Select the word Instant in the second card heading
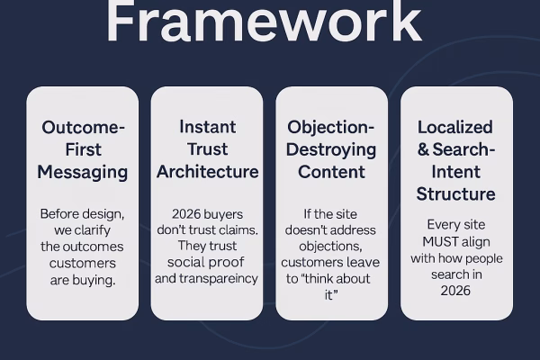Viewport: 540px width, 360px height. [x=207, y=127]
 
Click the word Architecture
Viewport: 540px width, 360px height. [x=207, y=171]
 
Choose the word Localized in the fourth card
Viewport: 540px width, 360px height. [x=456, y=127]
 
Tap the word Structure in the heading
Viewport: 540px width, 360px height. [x=456, y=193]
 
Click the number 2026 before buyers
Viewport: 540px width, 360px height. [x=187, y=214]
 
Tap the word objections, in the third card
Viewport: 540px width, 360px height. [x=331, y=247]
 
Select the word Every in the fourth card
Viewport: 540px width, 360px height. [x=443, y=225]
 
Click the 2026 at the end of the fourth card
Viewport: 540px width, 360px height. [x=456, y=290]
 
